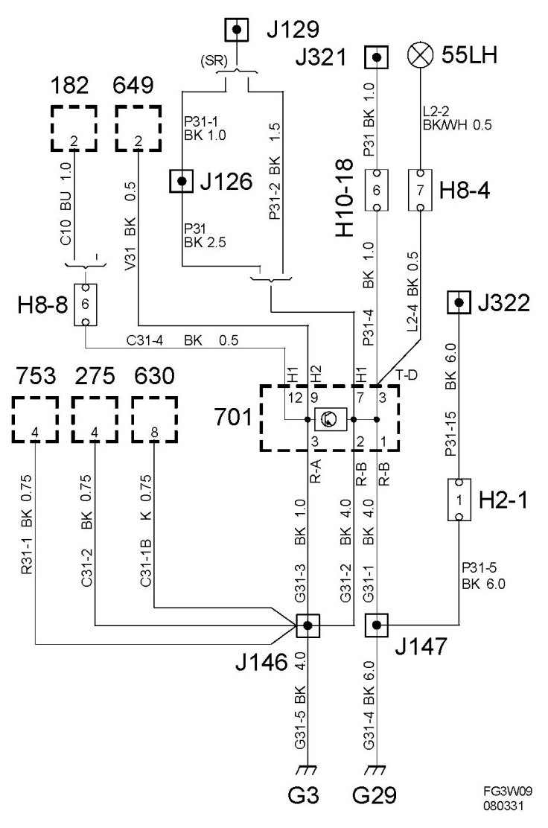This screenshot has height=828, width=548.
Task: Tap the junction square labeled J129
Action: tap(238, 30)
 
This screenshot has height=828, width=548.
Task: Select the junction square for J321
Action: tap(377, 57)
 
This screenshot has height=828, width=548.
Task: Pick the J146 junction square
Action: tap(308, 625)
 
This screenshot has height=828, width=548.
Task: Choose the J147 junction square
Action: tap(377, 625)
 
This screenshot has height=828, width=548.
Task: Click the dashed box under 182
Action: tap(74, 129)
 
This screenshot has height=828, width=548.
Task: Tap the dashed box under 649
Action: tap(138, 129)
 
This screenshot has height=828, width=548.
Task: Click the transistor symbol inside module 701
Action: tap(328, 420)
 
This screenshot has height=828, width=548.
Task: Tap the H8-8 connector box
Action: tap(85, 305)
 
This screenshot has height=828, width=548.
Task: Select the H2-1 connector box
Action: tap(459, 500)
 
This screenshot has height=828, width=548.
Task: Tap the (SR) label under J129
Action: tap(209, 60)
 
